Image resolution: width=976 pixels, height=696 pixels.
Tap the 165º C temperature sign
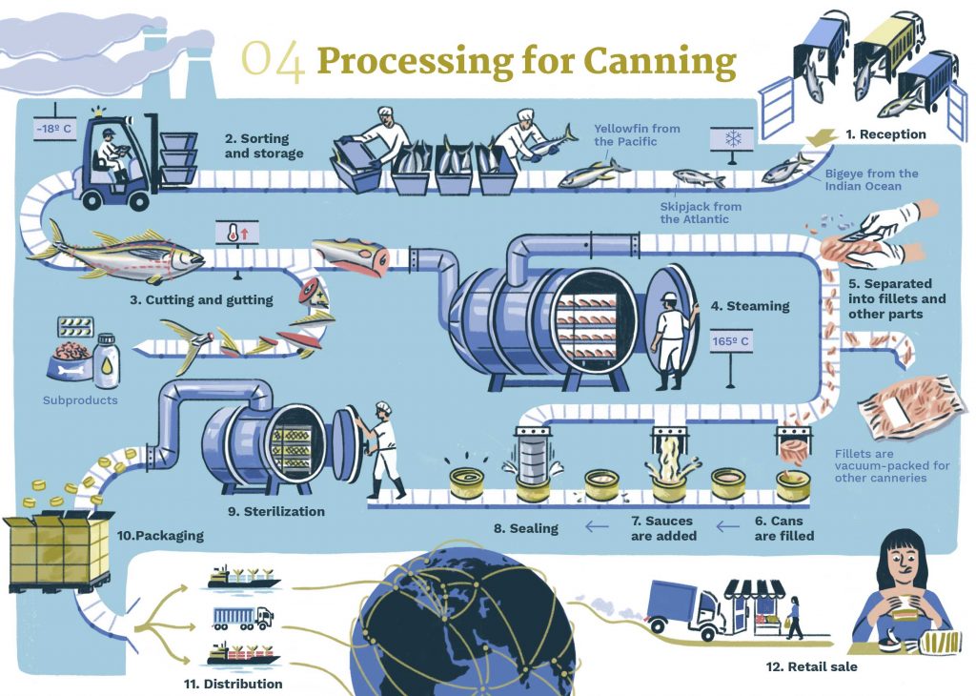pyautogui.click(x=731, y=338)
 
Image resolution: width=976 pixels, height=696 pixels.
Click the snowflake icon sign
pyautogui.click(x=733, y=140)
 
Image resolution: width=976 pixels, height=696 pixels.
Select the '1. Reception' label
pyautogui.click(x=884, y=134)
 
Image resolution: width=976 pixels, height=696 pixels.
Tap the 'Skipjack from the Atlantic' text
pyautogui.click(x=701, y=213)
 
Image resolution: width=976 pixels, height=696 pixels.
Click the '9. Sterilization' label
pyautogui.click(x=275, y=512)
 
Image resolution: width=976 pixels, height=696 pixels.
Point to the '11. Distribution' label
pyautogui.click(x=233, y=684)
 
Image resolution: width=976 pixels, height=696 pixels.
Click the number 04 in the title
pyautogui.click(x=273, y=61)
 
